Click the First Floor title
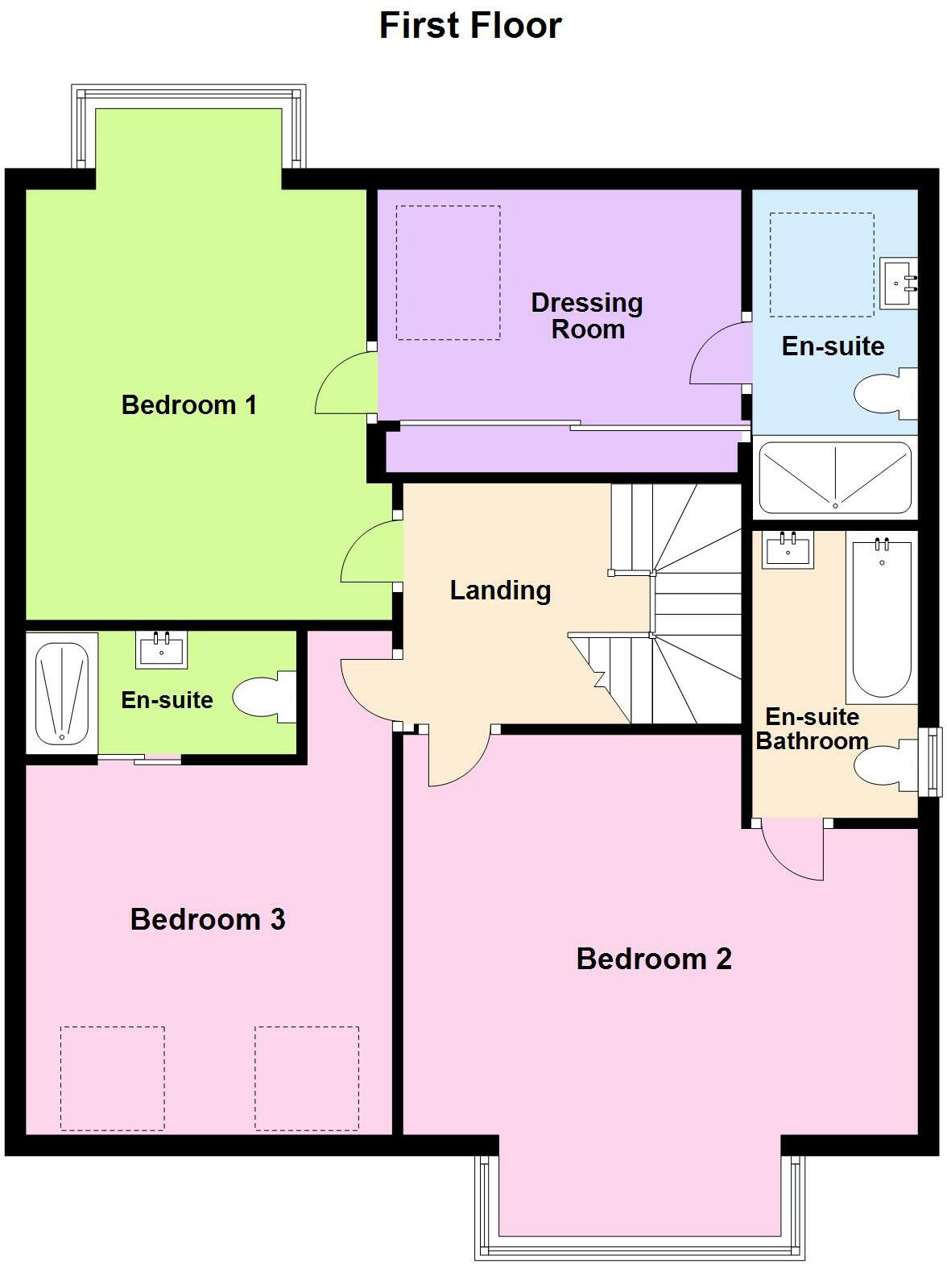pyautogui.click(x=470, y=26)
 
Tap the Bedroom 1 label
pyautogui.click(x=189, y=404)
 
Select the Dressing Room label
pyautogui.click(x=587, y=316)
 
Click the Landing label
pyautogui.click(x=500, y=590)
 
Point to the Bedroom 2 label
pyautogui.click(x=654, y=959)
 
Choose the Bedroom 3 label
pyautogui.click(x=208, y=919)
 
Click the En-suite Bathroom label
pyautogui.click(x=812, y=729)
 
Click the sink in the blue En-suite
pyautogui.click(x=899, y=283)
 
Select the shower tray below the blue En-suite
pyautogui.click(x=835, y=479)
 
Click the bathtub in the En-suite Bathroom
pyautogui.click(x=882, y=618)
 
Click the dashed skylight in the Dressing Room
pyautogui.click(x=448, y=272)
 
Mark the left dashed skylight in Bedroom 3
pyautogui.click(x=113, y=1078)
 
